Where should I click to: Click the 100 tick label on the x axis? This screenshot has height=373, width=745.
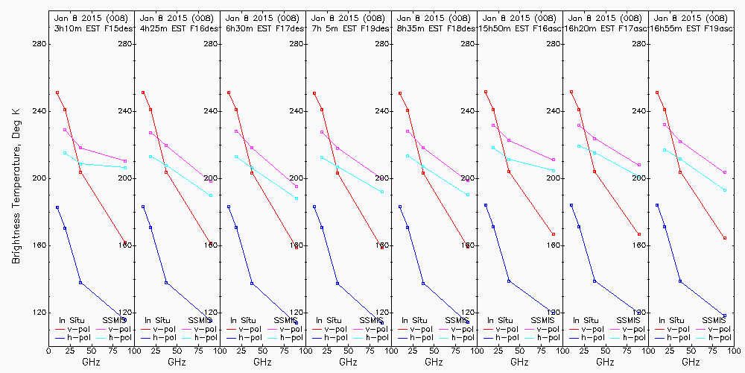(135, 348)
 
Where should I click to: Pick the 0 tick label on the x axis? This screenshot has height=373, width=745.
(49, 348)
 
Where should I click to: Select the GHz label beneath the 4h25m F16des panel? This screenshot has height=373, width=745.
(177, 362)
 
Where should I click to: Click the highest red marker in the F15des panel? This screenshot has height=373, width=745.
(57, 93)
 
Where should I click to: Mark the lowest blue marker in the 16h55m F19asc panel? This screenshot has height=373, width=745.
(724, 316)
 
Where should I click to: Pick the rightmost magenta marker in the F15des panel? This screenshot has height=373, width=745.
(125, 160)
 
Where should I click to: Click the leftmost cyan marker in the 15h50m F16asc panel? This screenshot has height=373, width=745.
(493, 148)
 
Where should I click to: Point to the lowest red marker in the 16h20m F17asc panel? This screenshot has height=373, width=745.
(638, 234)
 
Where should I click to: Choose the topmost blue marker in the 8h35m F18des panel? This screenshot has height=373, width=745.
(400, 207)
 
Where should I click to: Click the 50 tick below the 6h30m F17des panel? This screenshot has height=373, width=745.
(263, 348)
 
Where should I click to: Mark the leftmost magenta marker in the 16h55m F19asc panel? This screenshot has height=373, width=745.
(665, 125)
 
